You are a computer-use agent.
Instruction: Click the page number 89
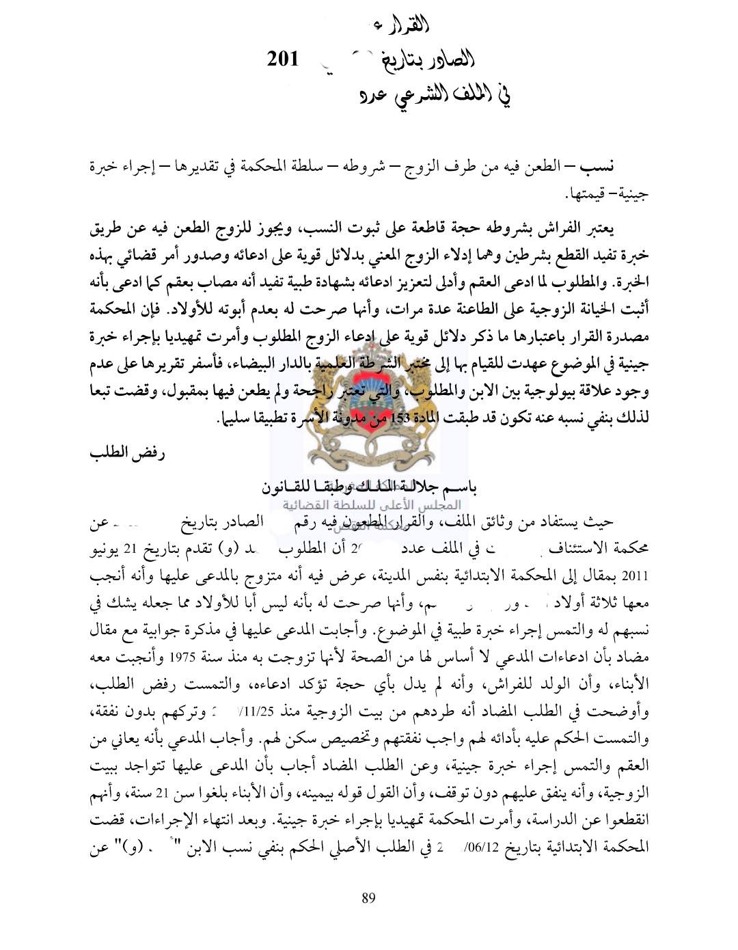368,898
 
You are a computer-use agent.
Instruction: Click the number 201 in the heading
283,59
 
